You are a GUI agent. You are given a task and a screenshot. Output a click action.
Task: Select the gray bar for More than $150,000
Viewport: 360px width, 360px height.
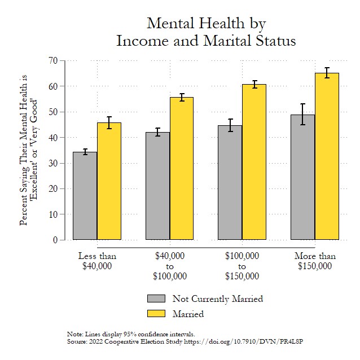pyautogui.click(x=303, y=177)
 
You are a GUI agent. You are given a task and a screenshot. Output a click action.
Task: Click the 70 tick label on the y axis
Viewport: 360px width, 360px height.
pyautogui.click(x=54, y=60)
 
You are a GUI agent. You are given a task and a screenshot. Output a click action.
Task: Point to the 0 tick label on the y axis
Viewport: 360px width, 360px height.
pyautogui.click(x=56, y=240)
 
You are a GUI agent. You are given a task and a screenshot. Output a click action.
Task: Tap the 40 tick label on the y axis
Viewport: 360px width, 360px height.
pyautogui.click(x=54, y=138)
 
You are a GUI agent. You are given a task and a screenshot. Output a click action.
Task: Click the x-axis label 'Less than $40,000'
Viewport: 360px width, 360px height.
pyautogui.click(x=97, y=261)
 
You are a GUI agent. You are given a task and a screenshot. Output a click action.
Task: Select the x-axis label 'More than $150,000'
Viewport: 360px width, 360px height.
pyautogui.click(x=315, y=261)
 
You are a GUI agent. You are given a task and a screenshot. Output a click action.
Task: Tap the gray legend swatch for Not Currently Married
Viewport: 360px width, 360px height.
pyautogui.click(x=156, y=298)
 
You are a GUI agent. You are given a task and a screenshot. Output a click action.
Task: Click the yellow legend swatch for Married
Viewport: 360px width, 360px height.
pyautogui.click(x=156, y=313)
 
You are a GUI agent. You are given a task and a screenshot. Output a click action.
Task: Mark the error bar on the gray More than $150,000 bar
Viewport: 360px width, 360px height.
pyautogui.click(x=303, y=114)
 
